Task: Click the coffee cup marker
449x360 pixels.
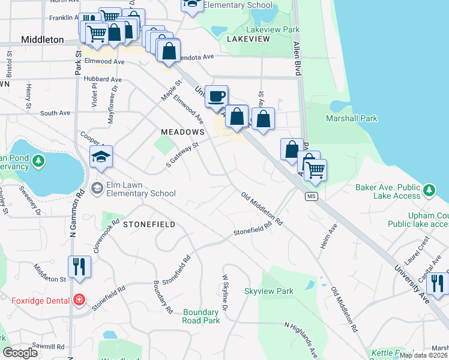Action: [x=216, y=95]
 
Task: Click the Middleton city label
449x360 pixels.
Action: [x=42, y=39]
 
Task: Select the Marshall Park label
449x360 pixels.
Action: [x=351, y=118]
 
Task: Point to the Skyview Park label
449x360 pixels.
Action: [x=269, y=291]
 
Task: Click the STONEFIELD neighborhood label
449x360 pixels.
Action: [x=149, y=224]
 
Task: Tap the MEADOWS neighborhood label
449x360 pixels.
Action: [x=183, y=131]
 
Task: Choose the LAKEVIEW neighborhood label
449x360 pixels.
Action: [x=249, y=38]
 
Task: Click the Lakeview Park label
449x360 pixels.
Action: [x=273, y=29]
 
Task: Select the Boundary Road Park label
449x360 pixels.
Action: [x=201, y=316]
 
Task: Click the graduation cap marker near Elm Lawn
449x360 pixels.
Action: [x=101, y=158]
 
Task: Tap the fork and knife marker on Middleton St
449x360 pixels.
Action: [x=79, y=266]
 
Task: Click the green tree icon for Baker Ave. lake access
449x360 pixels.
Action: [x=429, y=190]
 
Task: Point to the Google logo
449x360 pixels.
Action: [x=20, y=353]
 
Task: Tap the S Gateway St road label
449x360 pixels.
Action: [x=182, y=155]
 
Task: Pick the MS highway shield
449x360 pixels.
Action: [x=311, y=197]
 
